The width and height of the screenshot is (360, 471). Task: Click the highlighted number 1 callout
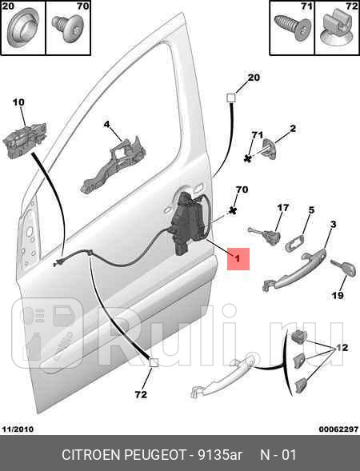[238, 258]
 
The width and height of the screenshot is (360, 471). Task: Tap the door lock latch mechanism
[188, 224]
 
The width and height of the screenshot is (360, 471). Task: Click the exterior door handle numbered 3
[294, 269]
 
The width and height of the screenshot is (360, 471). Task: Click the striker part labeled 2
[270, 149]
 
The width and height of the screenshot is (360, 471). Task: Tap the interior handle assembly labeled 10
[25, 140]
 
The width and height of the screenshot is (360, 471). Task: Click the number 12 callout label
[342, 348]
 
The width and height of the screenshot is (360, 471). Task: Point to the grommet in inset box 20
[22, 31]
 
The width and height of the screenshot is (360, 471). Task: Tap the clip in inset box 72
[337, 30]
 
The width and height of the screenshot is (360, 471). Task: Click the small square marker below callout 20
[230, 98]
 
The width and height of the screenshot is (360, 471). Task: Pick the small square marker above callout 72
[154, 363]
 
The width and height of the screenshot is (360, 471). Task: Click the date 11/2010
[18, 429]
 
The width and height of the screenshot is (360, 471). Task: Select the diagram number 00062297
[338, 429]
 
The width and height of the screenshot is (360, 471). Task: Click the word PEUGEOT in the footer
[156, 454]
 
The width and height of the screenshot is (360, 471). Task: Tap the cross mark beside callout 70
[232, 210]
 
